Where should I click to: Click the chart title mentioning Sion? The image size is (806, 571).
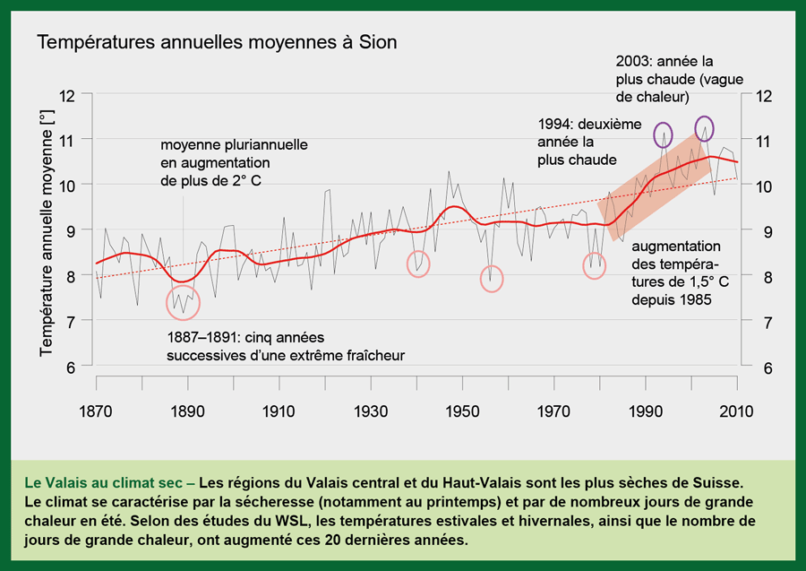click(216, 42)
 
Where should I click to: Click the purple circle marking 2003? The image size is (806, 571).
click(704, 127)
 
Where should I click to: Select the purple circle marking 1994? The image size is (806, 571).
click(663, 134)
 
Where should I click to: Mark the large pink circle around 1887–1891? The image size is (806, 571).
click(183, 303)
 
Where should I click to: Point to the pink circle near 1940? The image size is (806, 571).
click(417, 264)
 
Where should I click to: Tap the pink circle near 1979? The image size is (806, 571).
click(595, 265)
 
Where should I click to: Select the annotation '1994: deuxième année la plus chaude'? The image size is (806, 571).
click(578, 142)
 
